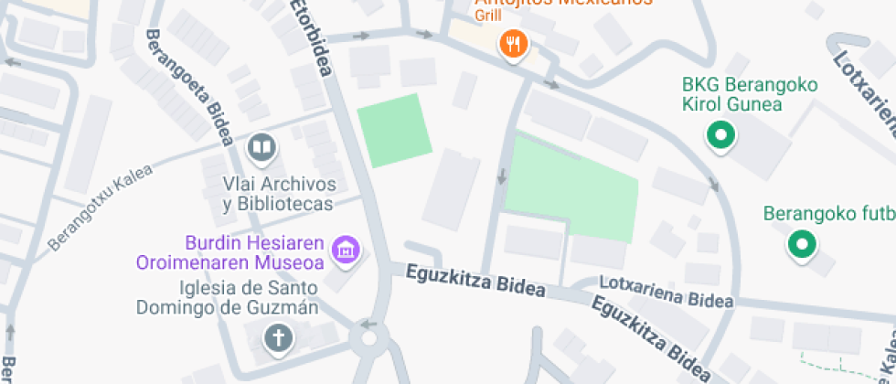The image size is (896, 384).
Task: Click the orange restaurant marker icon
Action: coord(514,44)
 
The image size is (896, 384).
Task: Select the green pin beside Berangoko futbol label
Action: coord(803,245)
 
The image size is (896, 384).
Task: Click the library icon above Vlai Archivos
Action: coord(261,146)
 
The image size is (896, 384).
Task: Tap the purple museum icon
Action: coord(347,249)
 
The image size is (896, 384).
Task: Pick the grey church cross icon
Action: coord(278,339)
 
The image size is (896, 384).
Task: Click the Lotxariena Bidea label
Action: coord(666,292)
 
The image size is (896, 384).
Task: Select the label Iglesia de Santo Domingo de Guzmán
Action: coord(227,297)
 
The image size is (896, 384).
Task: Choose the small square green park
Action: coord(394,130)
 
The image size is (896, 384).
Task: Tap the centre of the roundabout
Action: coord(369,339)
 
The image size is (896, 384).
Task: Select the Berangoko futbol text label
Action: coord(828,215)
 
